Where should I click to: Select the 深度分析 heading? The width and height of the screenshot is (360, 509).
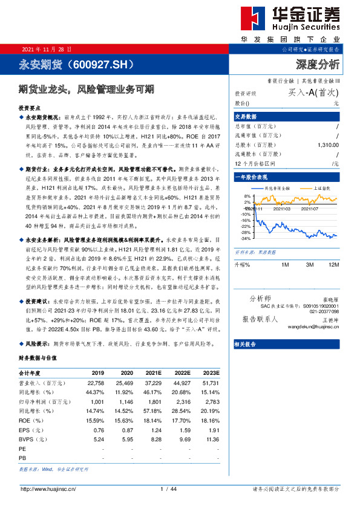click(318, 63)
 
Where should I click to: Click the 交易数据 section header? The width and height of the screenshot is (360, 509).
click(246, 117)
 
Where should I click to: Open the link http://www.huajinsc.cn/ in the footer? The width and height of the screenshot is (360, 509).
click(51, 488)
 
